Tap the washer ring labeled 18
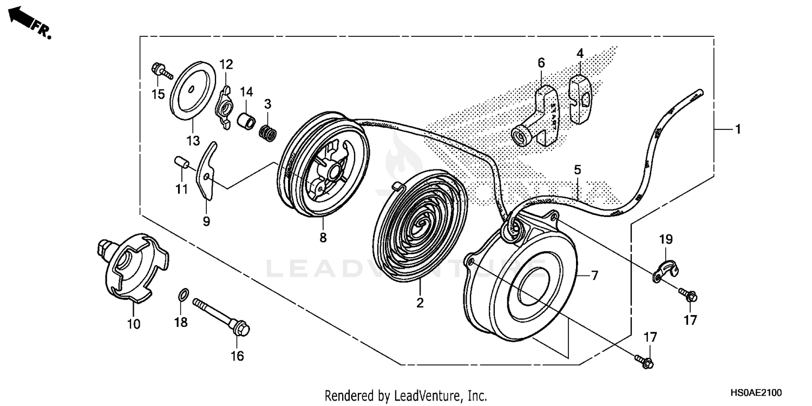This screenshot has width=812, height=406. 184,296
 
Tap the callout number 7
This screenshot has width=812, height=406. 594,276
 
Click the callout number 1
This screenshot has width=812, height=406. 737,129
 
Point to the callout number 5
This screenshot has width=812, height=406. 578,169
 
